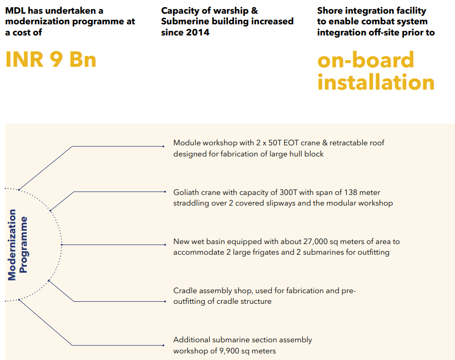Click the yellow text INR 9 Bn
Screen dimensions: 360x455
51,60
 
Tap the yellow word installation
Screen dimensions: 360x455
376,83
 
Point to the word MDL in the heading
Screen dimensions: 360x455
15,11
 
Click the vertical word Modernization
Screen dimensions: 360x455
13,245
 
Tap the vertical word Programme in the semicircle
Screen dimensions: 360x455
24,245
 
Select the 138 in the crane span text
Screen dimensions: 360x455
351,192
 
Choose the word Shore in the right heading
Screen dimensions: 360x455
330,11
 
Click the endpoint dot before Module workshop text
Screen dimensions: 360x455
163,146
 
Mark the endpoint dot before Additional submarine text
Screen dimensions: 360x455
163,345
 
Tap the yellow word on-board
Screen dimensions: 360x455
365,60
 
